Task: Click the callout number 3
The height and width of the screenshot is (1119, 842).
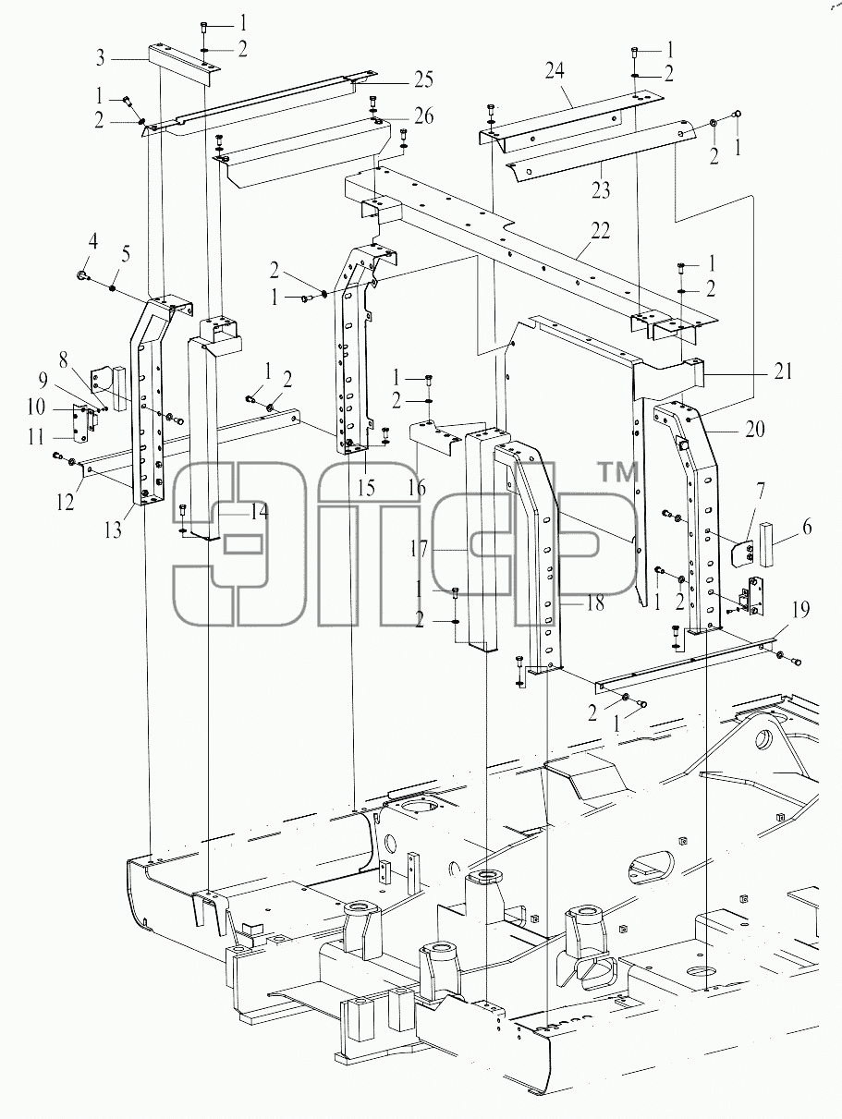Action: (101, 58)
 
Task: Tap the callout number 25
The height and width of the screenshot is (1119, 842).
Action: (423, 80)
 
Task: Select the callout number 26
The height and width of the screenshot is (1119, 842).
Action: (423, 116)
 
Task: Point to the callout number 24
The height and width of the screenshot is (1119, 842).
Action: (555, 71)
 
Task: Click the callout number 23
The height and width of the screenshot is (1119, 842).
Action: (601, 190)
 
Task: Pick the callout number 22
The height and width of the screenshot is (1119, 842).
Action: (601, 231)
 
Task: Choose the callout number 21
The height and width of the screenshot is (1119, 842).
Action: (782, 371)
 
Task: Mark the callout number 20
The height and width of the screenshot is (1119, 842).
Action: (755, 429)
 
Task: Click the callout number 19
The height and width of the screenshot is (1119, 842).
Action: (800, 610)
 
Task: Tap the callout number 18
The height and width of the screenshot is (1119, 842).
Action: (595, 603)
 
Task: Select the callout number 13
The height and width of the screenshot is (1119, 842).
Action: (113, 530)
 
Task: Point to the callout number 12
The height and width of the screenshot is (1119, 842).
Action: (66, 502)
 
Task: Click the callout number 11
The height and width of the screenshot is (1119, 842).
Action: (36, 437)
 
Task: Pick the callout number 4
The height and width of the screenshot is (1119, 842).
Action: (92, 242)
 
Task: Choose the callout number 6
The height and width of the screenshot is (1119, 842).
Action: (806, 527)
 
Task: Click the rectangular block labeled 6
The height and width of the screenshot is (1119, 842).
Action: (766, 543)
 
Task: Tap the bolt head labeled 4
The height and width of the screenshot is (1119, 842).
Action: (81, 276)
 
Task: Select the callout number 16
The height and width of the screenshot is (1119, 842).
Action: (418, 488)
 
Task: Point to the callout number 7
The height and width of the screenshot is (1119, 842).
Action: (760, 492)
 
